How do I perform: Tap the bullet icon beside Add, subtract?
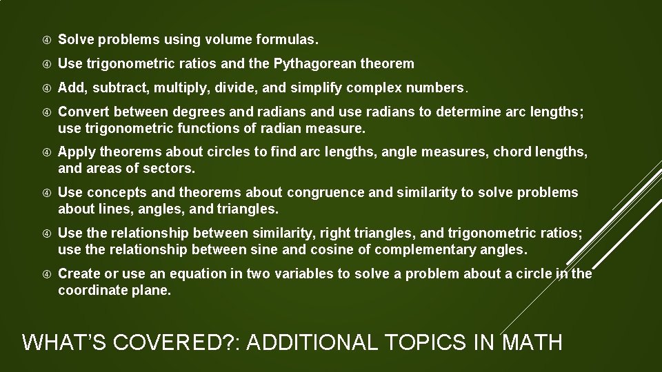pos(44,88)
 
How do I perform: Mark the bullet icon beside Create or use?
pos(44,273)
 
